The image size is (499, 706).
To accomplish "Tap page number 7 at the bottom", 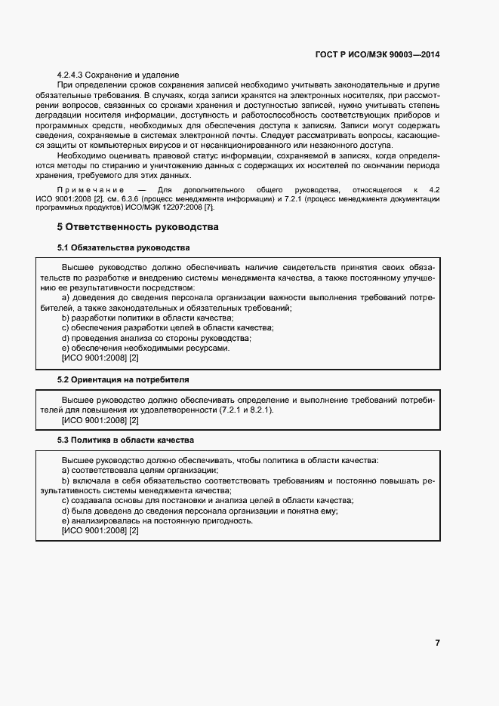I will coord(438,643).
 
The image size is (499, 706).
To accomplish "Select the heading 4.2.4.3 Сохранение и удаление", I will coord(118,75).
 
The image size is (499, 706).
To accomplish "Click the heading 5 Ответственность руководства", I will coord(138,226).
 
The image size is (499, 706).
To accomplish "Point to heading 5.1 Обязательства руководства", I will coord(124,247).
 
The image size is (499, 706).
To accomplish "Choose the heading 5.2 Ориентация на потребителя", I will coord(124,379).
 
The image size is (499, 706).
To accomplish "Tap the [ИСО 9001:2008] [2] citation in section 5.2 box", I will coord(100,419).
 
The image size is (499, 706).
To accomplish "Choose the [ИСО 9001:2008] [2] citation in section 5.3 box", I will coord(100,531).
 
